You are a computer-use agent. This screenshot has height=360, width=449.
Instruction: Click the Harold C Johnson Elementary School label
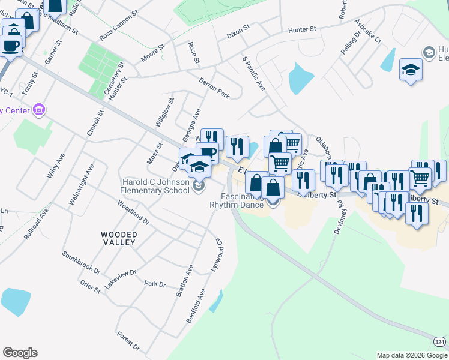click(x=155, y=187)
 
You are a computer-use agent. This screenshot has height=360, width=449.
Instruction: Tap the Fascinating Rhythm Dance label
click(x=236, y=200)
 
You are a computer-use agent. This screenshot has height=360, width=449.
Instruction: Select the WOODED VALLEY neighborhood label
click(x=119, y=238)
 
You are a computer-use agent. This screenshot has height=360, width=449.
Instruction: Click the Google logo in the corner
click(x=20, y=353)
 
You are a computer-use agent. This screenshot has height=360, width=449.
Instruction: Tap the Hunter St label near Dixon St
click(x=302, y=29)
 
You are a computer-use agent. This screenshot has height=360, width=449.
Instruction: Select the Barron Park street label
click(x=215, y=88)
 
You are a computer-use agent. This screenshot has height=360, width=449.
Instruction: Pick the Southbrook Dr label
click(x=82, y=262)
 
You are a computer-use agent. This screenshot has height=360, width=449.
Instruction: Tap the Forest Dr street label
click(x=128, y=341)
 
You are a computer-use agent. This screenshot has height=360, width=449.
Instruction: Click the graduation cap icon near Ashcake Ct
click(x=411, y=71)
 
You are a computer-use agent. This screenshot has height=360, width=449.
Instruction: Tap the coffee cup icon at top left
click(x=10, y=46)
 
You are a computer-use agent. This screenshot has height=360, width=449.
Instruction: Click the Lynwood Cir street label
click(x=215, y=256)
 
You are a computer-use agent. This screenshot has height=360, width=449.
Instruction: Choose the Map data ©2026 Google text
click(x=412, y=355)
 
